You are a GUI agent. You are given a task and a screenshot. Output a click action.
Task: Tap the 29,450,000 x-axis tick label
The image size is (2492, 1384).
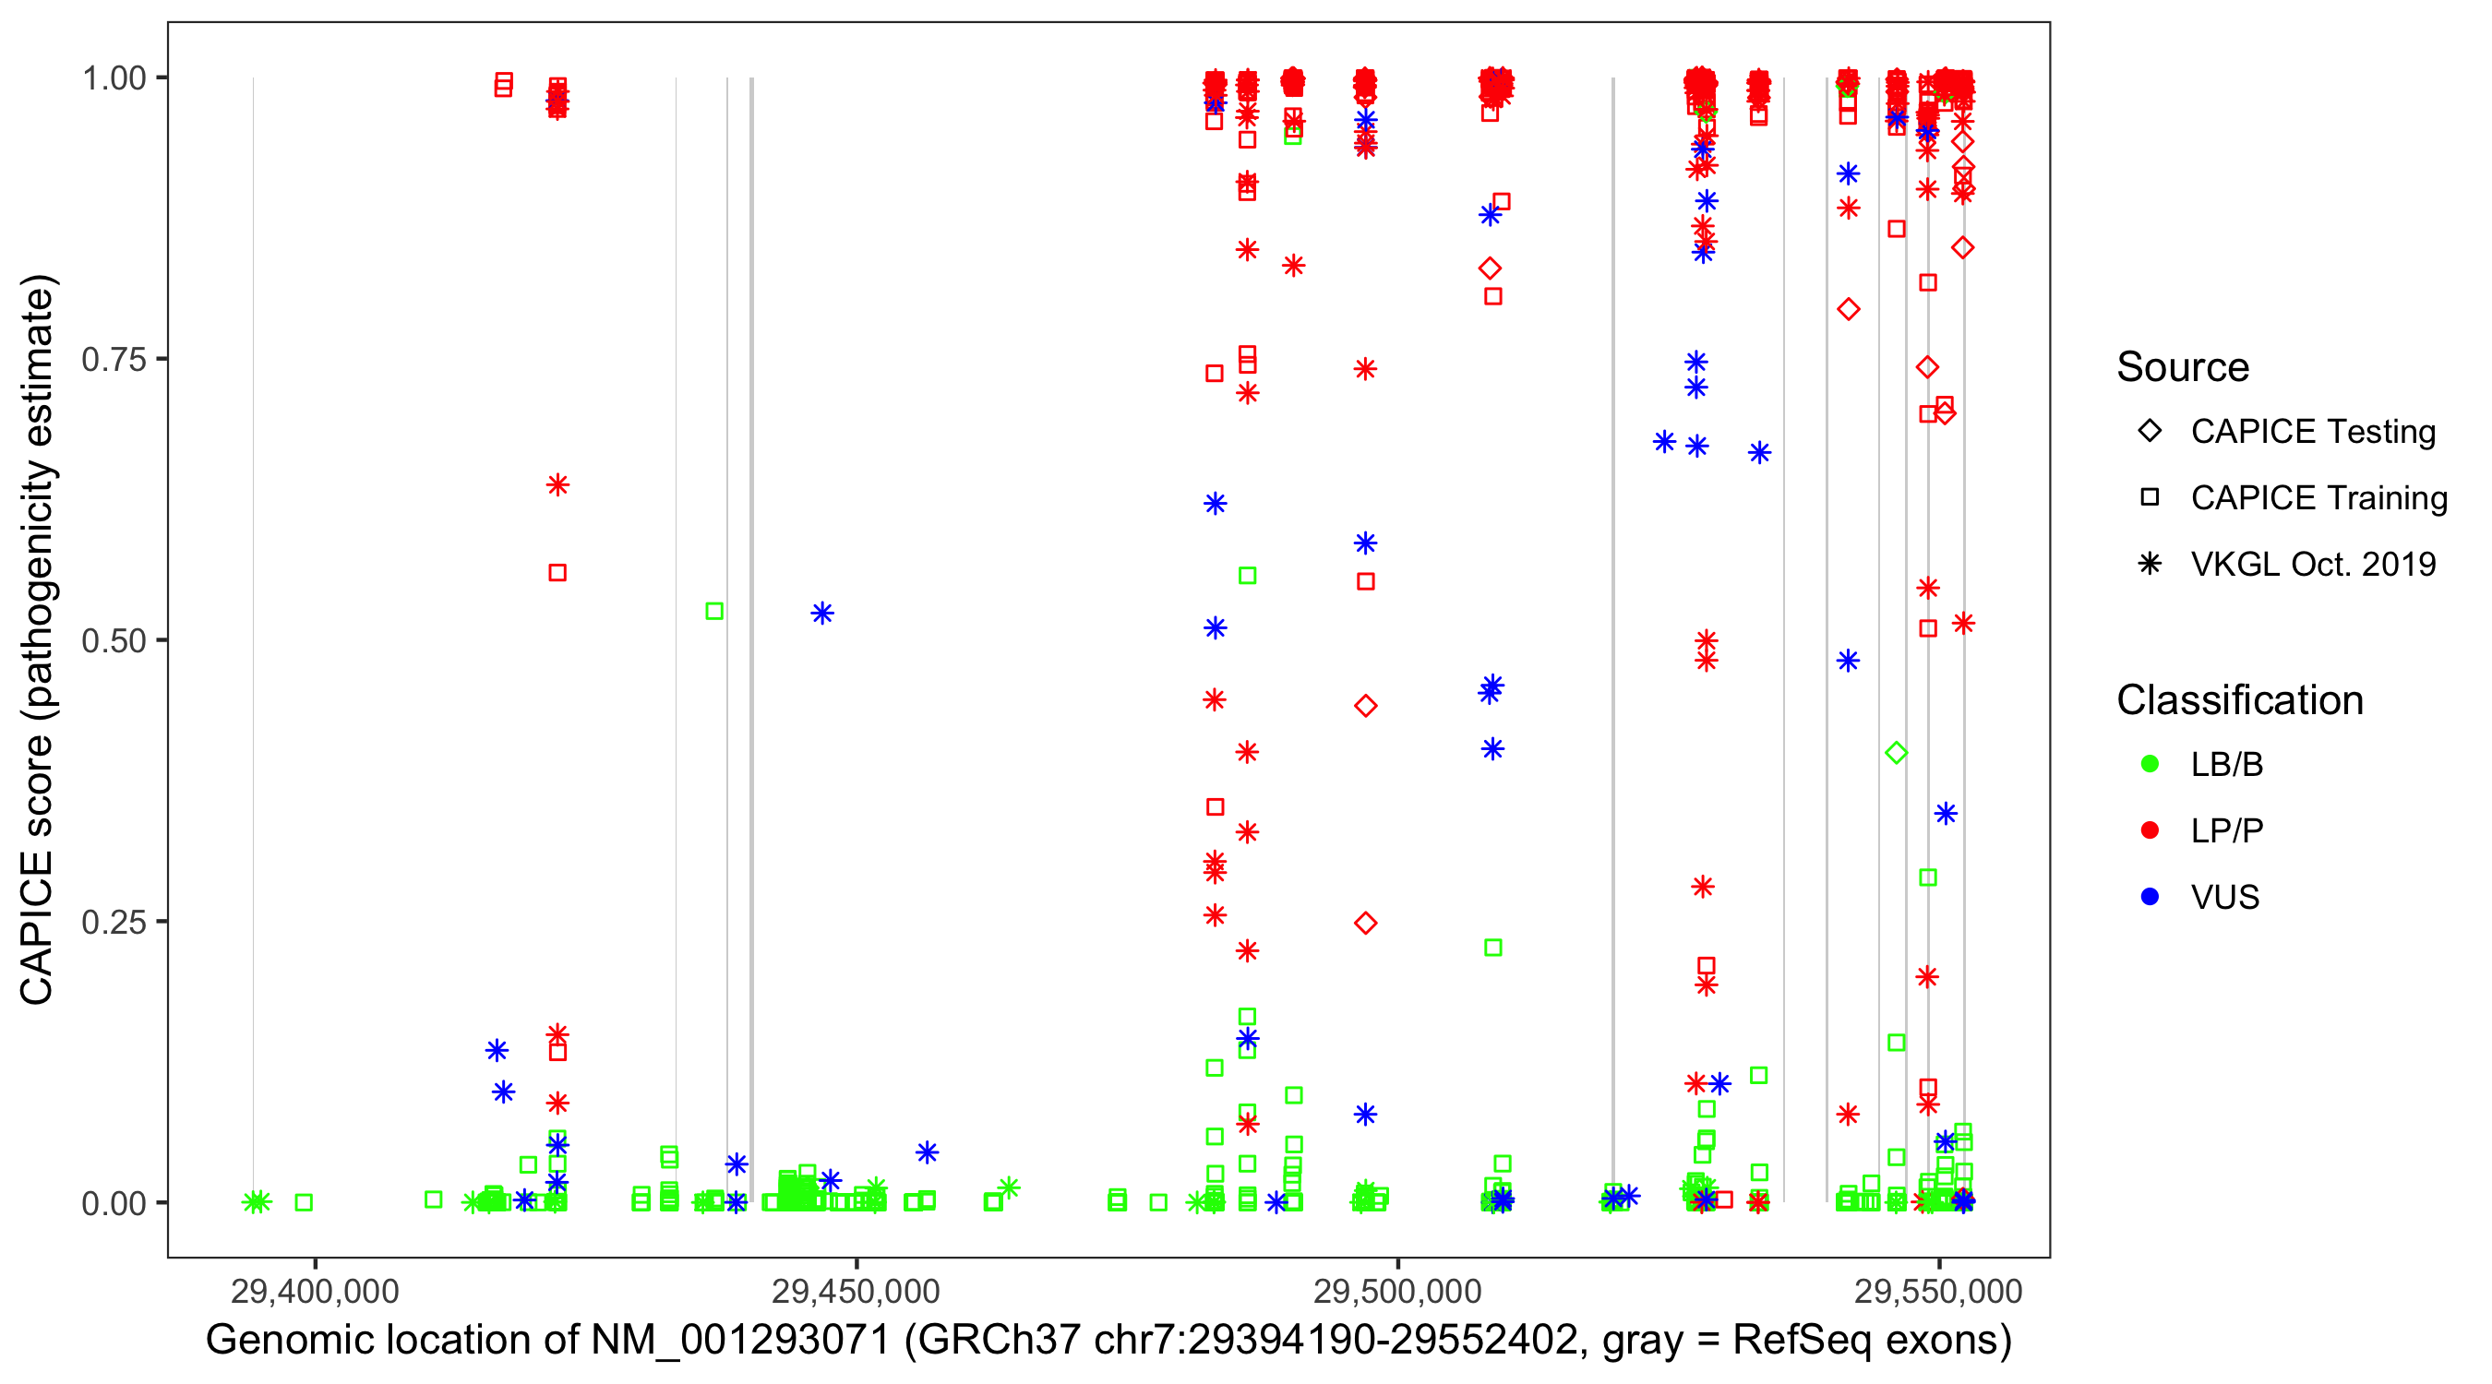pos(857,1291)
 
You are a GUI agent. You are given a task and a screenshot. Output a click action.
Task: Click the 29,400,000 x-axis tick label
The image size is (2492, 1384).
pos(315,1291)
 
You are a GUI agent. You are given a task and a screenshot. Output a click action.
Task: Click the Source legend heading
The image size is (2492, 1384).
pos(2183,367)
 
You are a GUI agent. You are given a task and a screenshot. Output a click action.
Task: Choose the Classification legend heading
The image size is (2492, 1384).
pos(2239,700)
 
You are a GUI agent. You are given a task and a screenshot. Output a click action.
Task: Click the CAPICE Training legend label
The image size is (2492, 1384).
pos(2318,498)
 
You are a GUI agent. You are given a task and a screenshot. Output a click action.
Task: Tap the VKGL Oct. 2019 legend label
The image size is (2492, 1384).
pos(2313,564)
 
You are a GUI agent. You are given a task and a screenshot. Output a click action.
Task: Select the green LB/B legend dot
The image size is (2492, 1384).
pos(2150,764)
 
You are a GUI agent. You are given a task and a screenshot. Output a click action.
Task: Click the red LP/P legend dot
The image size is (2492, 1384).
pos(2150,830)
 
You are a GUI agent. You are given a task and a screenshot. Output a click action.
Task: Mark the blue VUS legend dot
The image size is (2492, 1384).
pos(2150,897)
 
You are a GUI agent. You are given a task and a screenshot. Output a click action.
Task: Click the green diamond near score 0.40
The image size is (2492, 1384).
pos(1896,753)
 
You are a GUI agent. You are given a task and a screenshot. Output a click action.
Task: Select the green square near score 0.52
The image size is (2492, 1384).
pos(714,611)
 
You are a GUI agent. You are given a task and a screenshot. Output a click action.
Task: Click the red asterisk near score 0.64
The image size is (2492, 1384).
pos(557,484)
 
